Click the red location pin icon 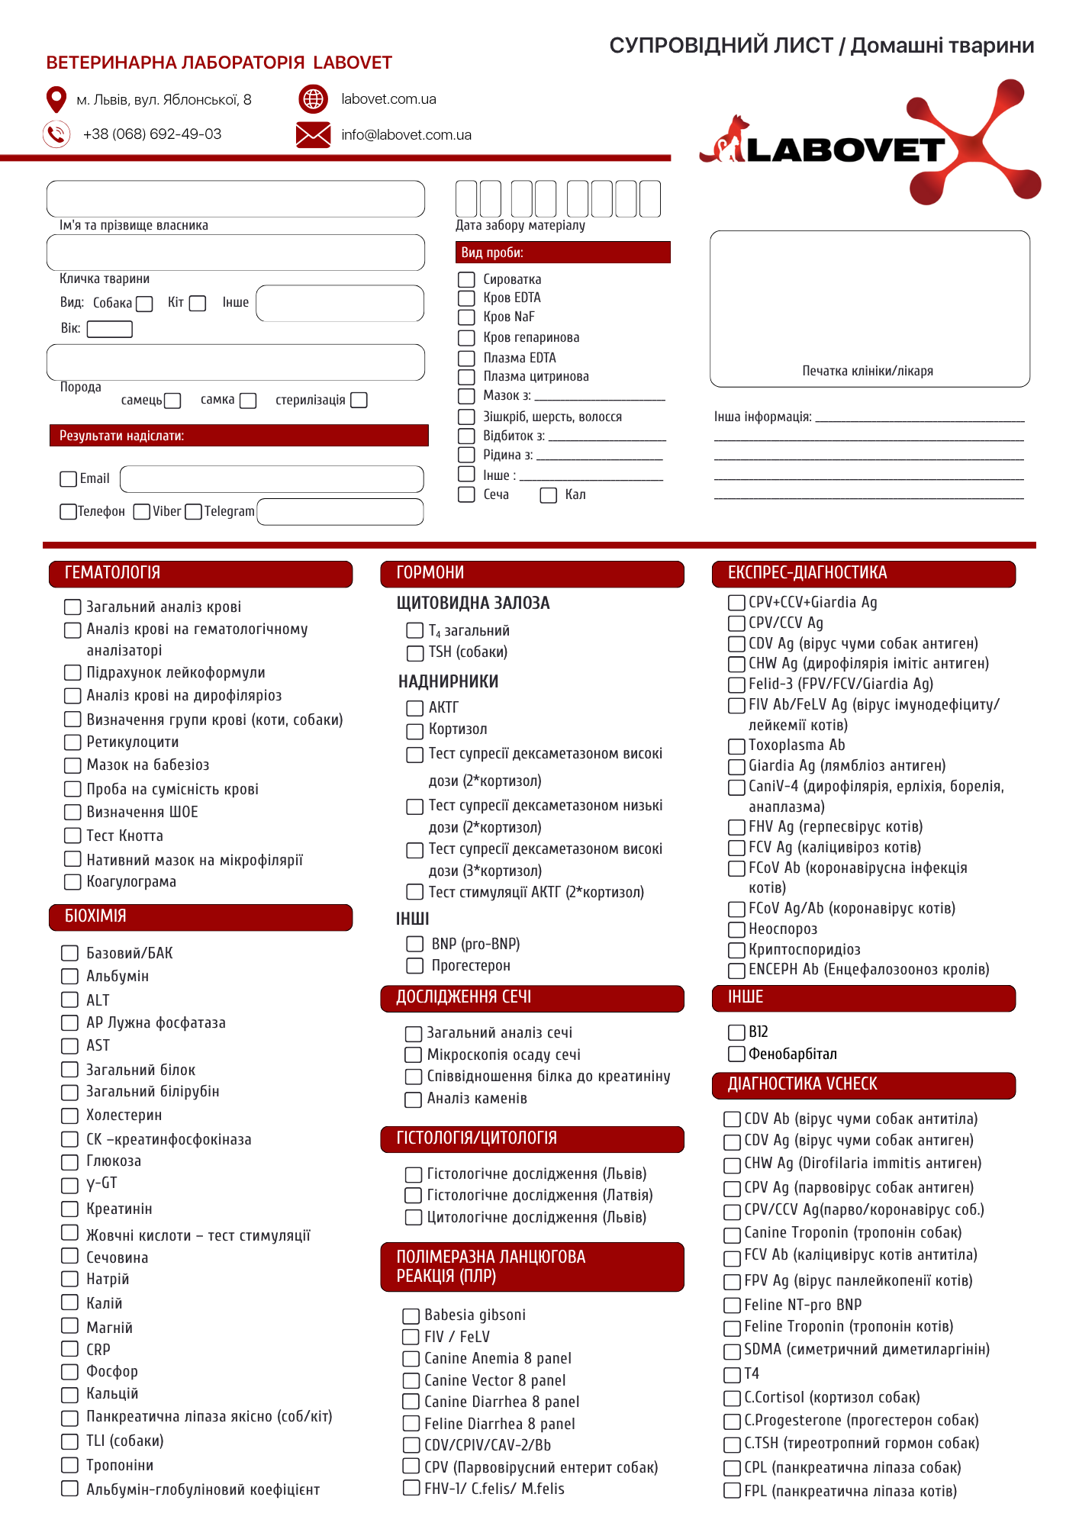coord(56,99)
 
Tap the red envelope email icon coord(313,135)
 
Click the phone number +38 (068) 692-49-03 coord(152,134)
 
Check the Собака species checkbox coord(144,304)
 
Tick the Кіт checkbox coord(198,304)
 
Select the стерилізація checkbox coord(359,400)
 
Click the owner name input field coord(235,199)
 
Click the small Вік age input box coord(110,329)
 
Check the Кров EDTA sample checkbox coord(466,298)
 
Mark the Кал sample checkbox coord(548,495)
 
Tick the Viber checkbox coord(141,511)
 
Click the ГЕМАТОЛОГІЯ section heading coord(112,573)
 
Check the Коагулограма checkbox coord(72,881)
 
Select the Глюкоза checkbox coord(69,1161)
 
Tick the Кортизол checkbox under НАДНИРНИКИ coord(414,730)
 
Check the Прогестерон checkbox coord(414,965)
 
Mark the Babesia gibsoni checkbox coord(411,1315)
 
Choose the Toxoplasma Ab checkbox coord(736,745)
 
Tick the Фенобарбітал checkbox coord(736,1054)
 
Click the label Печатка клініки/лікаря coord(868,371)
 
